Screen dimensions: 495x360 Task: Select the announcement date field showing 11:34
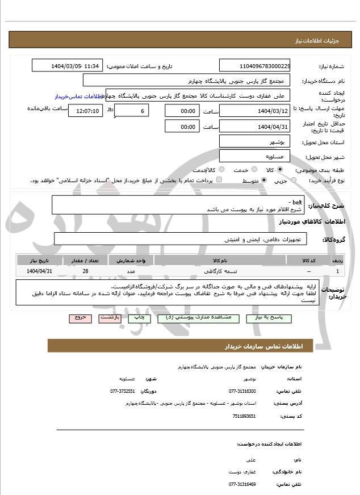tap(67, 65)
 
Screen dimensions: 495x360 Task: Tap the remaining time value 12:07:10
tap(85, 110)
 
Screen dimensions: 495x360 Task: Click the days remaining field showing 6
tap(132, 110)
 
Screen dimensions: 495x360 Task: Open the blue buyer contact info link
tap(80, 97)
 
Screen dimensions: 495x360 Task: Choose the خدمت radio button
tap(253, 170)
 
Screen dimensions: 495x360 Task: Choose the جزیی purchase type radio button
tap(294, 181)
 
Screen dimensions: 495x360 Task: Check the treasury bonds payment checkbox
tap(219, 181)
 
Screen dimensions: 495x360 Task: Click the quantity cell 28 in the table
tap(85, 271)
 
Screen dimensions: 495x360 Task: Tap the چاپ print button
tap(139, 318)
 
